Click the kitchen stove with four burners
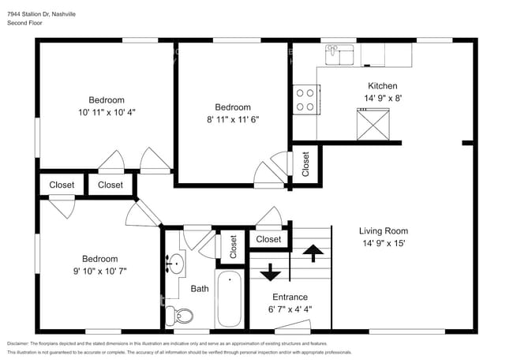coord(305,99)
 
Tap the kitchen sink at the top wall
coord(341,54)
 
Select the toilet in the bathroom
coord(183,316)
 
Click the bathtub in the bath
coord(230,300)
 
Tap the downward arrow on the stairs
coord(270,272)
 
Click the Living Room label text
coord(384,231)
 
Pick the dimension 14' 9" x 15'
coord(384,244)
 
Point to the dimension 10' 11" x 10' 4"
coord(106,113)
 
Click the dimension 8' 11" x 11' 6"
coord(233,120)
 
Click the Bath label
coord(199,289)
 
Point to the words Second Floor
coord(25,24)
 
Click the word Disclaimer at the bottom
coord(21,344)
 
